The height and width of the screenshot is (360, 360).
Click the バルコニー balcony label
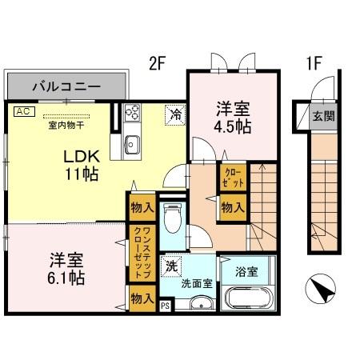(66, 85)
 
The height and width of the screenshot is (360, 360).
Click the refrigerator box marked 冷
(174, 114)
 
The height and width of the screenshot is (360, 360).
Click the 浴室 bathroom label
(247, 270)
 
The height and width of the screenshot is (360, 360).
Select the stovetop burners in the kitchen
(133, 114)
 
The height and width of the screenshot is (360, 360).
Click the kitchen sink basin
(132, 146)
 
